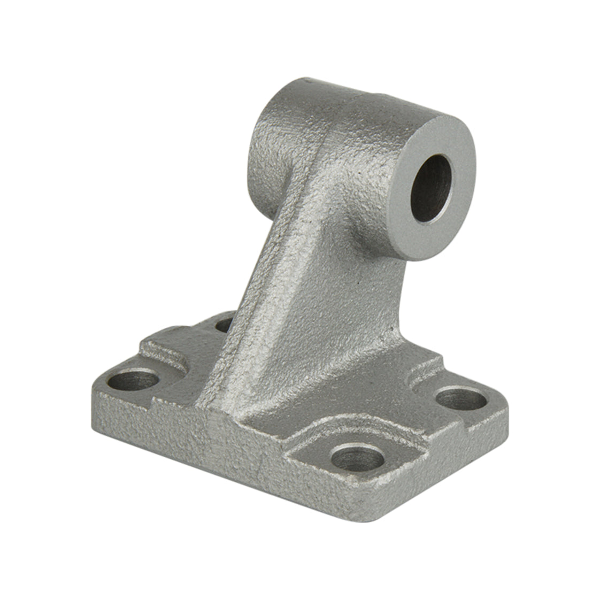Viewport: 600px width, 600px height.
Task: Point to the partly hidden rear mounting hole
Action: pos(225,324)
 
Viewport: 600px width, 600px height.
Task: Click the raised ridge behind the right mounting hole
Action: pos(428,369)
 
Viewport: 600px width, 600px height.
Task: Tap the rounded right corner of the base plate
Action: pos(503,412)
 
